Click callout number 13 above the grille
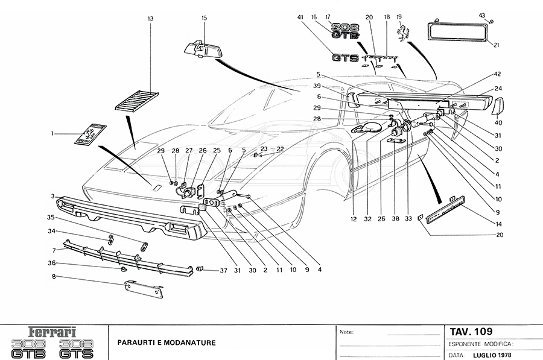150,19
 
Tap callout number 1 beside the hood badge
52,133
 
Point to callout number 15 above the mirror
204,18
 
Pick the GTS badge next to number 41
345,58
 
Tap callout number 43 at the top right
482,14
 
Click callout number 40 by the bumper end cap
498,122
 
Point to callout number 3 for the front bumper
53,197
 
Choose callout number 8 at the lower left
53,276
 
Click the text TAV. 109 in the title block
471,332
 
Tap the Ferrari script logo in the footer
53,331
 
